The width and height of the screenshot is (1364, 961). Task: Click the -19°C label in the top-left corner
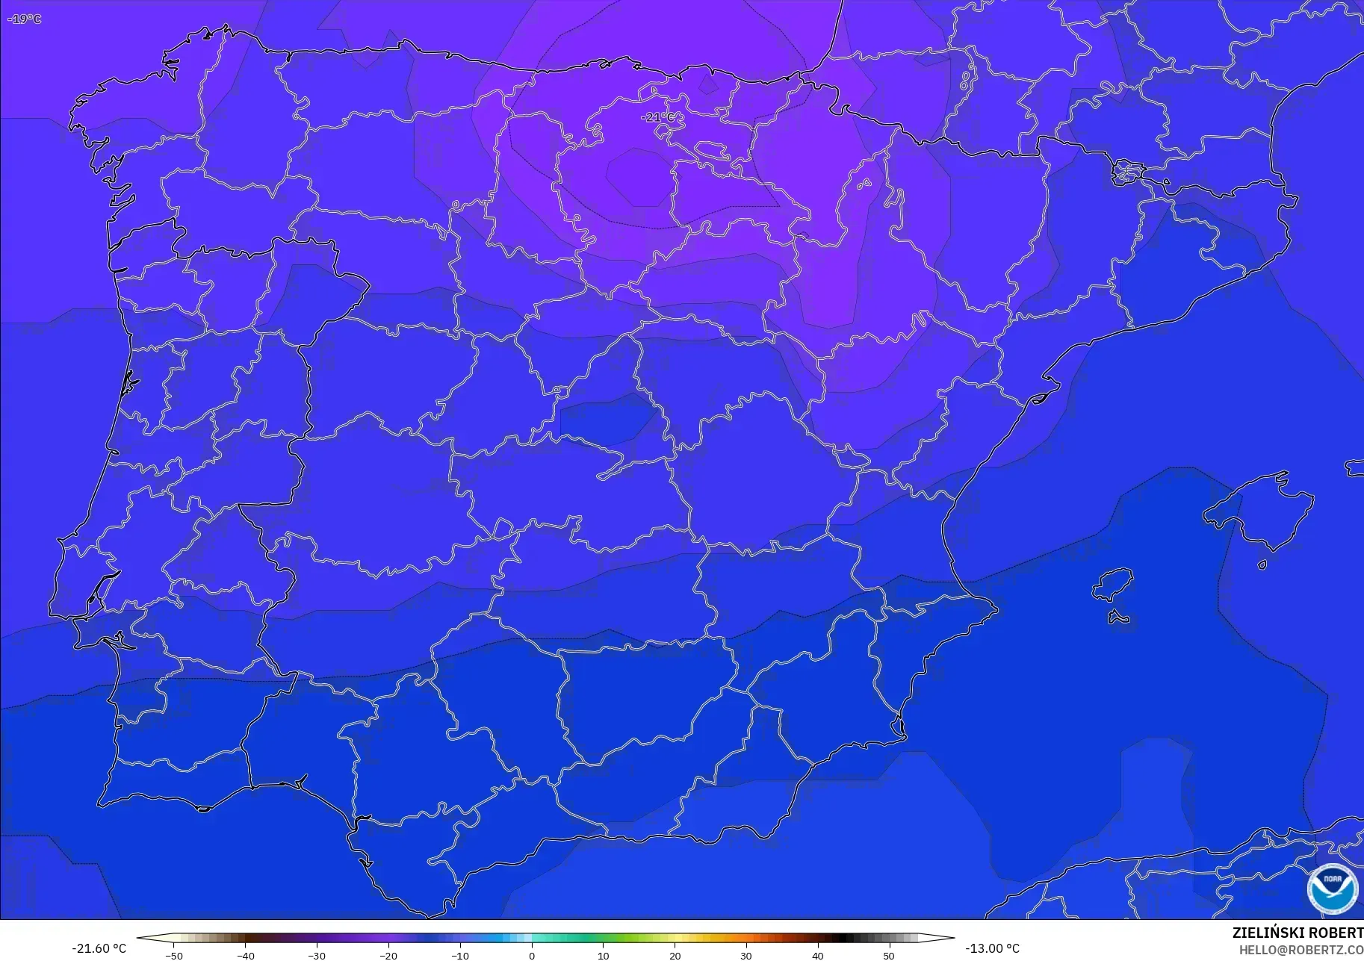click(25, 19)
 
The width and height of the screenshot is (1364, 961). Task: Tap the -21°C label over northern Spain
click(657, 117)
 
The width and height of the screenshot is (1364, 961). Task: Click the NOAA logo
click(1332, 889)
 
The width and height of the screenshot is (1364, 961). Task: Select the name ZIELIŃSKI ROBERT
click(1298, 933)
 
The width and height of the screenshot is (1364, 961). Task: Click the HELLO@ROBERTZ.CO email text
click(1301, 950)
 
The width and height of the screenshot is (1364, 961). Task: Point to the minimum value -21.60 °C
click(99, 948)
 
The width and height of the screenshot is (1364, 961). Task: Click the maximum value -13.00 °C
click(992, 948)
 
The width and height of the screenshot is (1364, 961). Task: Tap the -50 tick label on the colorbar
click(173, 956)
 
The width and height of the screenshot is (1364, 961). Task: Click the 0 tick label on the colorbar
click(532, 956)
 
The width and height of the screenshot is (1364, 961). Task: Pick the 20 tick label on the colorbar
click(675, 956)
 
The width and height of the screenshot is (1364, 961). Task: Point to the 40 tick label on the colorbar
click(817, 956)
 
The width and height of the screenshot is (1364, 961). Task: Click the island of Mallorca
click(1262, 511)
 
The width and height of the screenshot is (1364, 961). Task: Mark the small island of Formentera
click(1117, 617)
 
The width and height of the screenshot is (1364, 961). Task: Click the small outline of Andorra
click(1127, 173)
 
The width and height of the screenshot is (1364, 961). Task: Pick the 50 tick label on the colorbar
click(888, 956)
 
